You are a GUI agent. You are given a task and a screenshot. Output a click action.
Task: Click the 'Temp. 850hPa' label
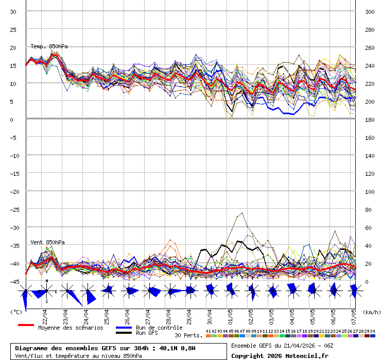(49, 46)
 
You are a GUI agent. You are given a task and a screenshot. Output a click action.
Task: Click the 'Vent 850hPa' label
(47, 242)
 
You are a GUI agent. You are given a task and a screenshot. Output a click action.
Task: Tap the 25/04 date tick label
(107, 314)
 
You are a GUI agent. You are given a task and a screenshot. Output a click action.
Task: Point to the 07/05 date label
(354, 314)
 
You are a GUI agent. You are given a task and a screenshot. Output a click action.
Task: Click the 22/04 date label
(45, 314)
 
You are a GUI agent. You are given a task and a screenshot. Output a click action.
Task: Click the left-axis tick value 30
(13, 11)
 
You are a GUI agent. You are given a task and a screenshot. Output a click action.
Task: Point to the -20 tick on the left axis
(13, 191)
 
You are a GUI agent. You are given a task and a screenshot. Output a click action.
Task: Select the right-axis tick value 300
(369, 11)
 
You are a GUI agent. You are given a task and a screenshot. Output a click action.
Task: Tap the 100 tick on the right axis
(369, 191)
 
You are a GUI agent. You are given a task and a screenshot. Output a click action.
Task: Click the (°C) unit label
(16, 312)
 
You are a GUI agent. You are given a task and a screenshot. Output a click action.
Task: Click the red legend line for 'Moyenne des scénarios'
(26, 325)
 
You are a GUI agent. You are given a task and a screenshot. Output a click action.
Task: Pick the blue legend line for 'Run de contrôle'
(124, 328)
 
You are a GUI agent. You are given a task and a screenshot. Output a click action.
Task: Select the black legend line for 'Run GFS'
(124, 333)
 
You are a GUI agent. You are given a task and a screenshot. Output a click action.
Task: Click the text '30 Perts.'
(188, 336)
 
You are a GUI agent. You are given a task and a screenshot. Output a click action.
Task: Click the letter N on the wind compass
(47, 281)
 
